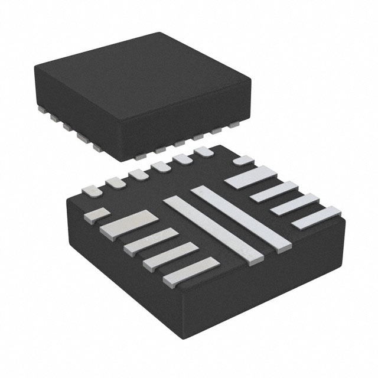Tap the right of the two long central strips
[242, 216]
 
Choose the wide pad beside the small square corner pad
[129, 224]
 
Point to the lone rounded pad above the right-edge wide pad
[243, 160]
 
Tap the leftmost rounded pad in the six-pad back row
[91, 190]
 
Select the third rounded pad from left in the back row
[139, 175]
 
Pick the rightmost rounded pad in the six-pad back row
[204, 152]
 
